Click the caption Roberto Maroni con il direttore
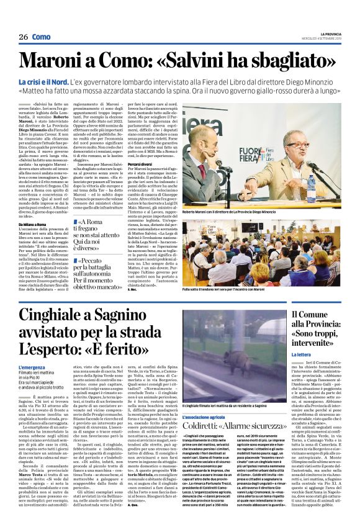click(236, 212)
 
